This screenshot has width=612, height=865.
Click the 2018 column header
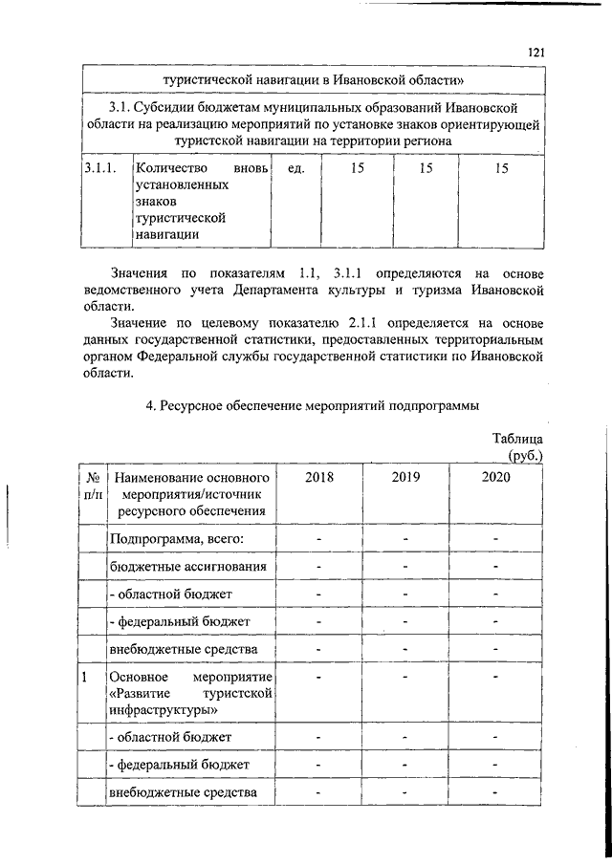pos(319,477)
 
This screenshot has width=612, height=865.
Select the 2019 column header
pos(405,477)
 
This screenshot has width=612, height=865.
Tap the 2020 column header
pos(495,477)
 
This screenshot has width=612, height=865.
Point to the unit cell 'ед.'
pos(295,169)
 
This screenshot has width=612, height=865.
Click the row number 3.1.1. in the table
pos(99,169)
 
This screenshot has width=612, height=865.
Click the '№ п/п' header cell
pos(94,486)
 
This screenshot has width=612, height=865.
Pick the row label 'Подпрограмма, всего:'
pos(177,539)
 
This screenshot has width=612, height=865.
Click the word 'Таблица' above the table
pos(517,439)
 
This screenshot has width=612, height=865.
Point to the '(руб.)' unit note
pos(525,456)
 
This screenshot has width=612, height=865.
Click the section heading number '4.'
pos(150,405)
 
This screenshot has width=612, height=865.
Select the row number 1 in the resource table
pos(85,678)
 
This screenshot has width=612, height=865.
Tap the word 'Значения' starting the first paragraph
pos(141,274)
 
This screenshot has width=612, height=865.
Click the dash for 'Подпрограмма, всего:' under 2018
pos(319,539)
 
